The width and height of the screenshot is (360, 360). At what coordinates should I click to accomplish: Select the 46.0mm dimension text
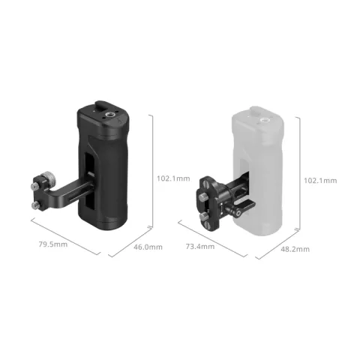(x=148, y=247)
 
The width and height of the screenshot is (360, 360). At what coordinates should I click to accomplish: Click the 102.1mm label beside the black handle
(x=173, y=179)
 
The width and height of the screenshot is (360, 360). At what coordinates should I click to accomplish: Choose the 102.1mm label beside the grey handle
(x=319, y=180)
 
